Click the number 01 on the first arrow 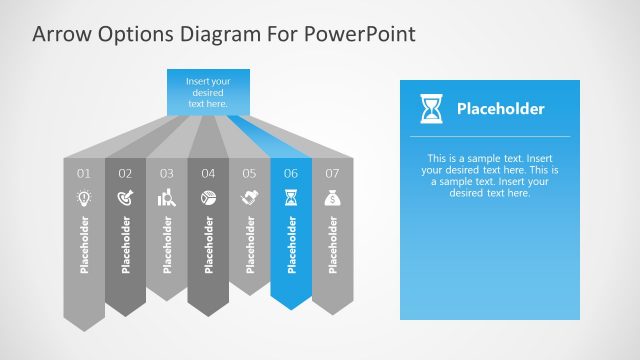coord(84,173)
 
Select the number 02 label coord(125,173)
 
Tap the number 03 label coord(167,173)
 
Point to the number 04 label coord(208,173)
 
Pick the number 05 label coord(249,173)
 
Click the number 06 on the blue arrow coord(291,173)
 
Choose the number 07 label coord(332,173)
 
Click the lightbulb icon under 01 coord(84,198)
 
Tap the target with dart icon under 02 coord(125,198)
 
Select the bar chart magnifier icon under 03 coord(167,199)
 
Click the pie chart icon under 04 coord(208,198)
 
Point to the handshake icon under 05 coord(249,198)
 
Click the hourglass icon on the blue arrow coord(291,198)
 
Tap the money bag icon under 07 coord(332,198)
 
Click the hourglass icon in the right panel coord(430,108)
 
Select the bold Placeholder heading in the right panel coord(500,109)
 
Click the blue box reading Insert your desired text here coord(208,92)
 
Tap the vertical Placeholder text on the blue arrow coord(292,244)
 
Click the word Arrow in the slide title coord(59,34)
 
